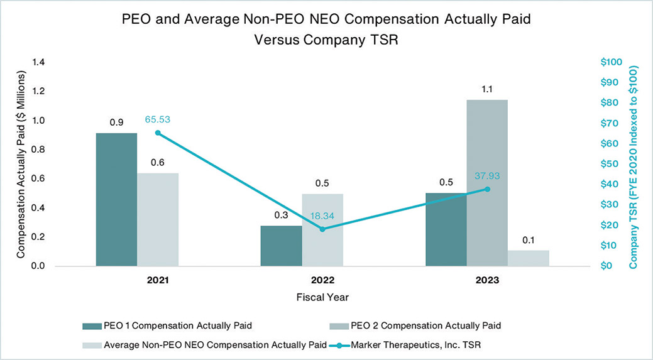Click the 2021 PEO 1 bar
coord(116,199)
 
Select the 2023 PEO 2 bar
coord(487,182)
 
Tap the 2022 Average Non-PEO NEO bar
coord(322,230)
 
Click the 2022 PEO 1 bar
coord(281,246)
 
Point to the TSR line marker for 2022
coord(322,229)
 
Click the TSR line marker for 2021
coord(158,133)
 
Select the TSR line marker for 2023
coord(487,188)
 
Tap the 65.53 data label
coord(158,118)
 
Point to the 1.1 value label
coord(487,90)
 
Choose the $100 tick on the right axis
coord(610,62)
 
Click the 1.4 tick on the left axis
coord(38,62)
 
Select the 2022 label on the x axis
coord(322,280)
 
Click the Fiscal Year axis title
coord(322,297)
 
